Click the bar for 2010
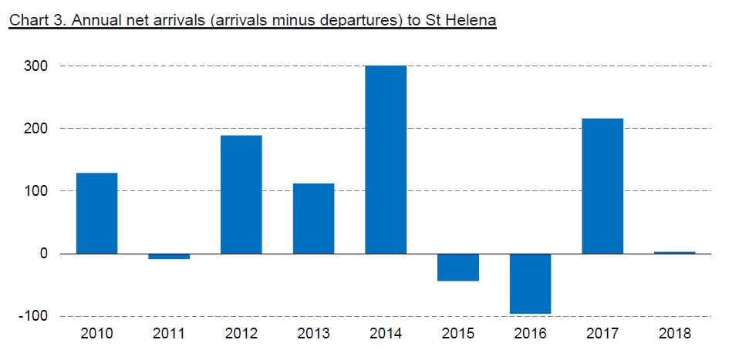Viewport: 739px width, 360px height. tap(96, 214)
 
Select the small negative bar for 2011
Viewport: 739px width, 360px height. tap(169, 257)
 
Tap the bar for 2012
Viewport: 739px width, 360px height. tap(241, 194)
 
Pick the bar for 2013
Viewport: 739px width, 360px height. tap(313, 219)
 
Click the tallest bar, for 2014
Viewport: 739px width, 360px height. tap(386, 160)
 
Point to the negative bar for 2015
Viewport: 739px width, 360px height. tap(457, 267)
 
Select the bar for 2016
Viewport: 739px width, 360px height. tap(530, 284)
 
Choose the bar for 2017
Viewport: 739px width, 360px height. tap(602, 186)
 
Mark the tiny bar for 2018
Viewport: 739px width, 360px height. tap(674, 252)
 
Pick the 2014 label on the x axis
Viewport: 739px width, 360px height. tap(386, 335)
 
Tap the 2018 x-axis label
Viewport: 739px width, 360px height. tap(674, 335)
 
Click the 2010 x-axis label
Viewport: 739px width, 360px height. tap(96, 335)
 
